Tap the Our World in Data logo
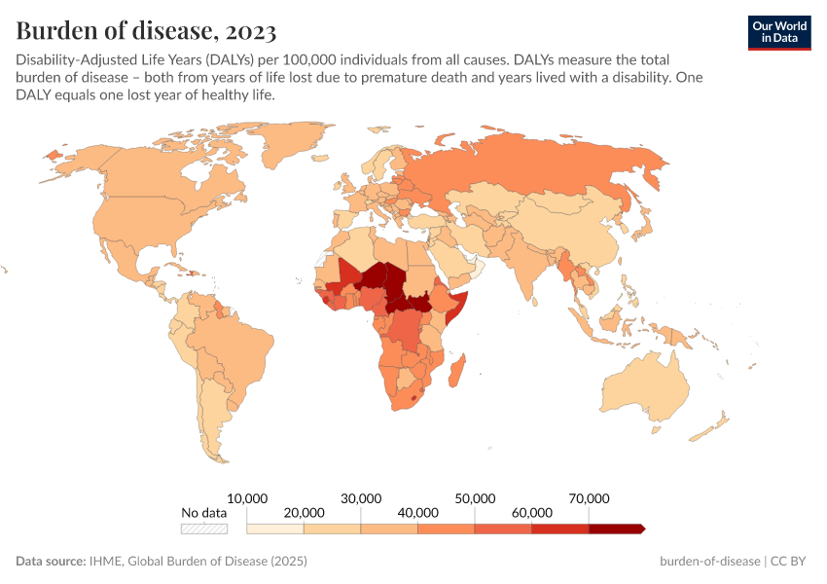pyautogui.click(x=778, y=32)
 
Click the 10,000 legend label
pyautogui.click(x=247, y=497)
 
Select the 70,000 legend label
pyautogui.click(x=589, y=497)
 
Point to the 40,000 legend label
pyautogui.click(x=417, y=512)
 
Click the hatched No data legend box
pyautogui.click(x=203, y=529)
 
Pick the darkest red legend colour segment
pyautogui.click(x=616, y=529)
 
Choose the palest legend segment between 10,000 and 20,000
pyautogui.click(x=275, y=529)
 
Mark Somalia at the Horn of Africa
pyautogui.click(x=458, y=303)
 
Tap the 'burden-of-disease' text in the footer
pyautogui.click(x=710, y=562)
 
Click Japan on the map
pyautogui.click(x=642, y=229)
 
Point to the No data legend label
pyautogui.click(x=203, y=512)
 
